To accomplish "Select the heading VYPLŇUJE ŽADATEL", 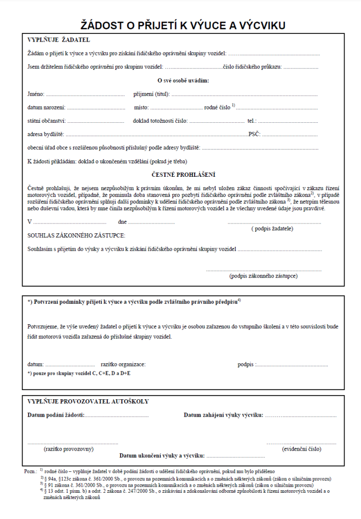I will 59,40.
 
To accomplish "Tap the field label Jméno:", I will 36,94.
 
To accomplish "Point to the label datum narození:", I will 46,107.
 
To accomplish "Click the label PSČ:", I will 254,134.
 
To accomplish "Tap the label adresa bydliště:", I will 46,134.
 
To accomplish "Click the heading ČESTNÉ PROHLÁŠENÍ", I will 183,175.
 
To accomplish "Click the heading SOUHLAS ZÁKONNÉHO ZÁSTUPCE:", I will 76,235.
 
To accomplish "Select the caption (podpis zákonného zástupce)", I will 263,276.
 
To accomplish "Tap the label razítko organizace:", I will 123,364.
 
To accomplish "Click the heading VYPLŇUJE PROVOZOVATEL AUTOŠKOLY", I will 88,401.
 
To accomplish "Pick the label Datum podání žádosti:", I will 56,415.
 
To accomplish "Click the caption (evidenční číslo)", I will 302,449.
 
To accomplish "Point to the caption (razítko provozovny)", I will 69,449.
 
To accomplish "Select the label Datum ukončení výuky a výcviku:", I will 162,455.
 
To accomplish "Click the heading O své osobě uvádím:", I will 183,81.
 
